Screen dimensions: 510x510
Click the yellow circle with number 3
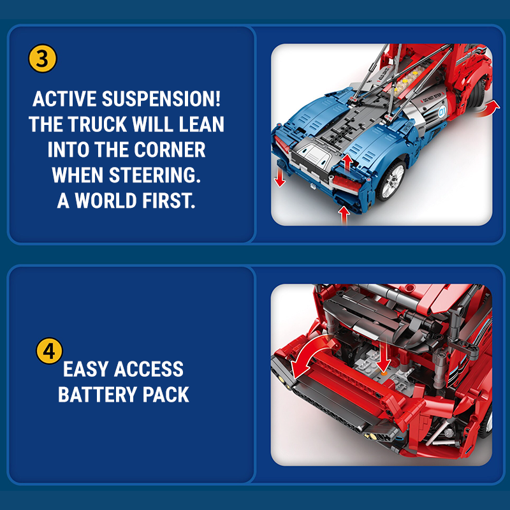43,59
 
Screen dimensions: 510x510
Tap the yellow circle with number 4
50,351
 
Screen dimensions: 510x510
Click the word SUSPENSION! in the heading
161,99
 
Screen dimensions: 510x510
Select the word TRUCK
98,124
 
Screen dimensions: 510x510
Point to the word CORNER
170,150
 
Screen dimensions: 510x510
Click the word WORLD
106,200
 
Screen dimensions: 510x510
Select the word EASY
85,369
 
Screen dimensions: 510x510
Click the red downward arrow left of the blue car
279,177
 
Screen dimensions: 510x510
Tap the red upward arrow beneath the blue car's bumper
344,215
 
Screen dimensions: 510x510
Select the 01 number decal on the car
442,112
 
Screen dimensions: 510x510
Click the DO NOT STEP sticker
433,98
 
